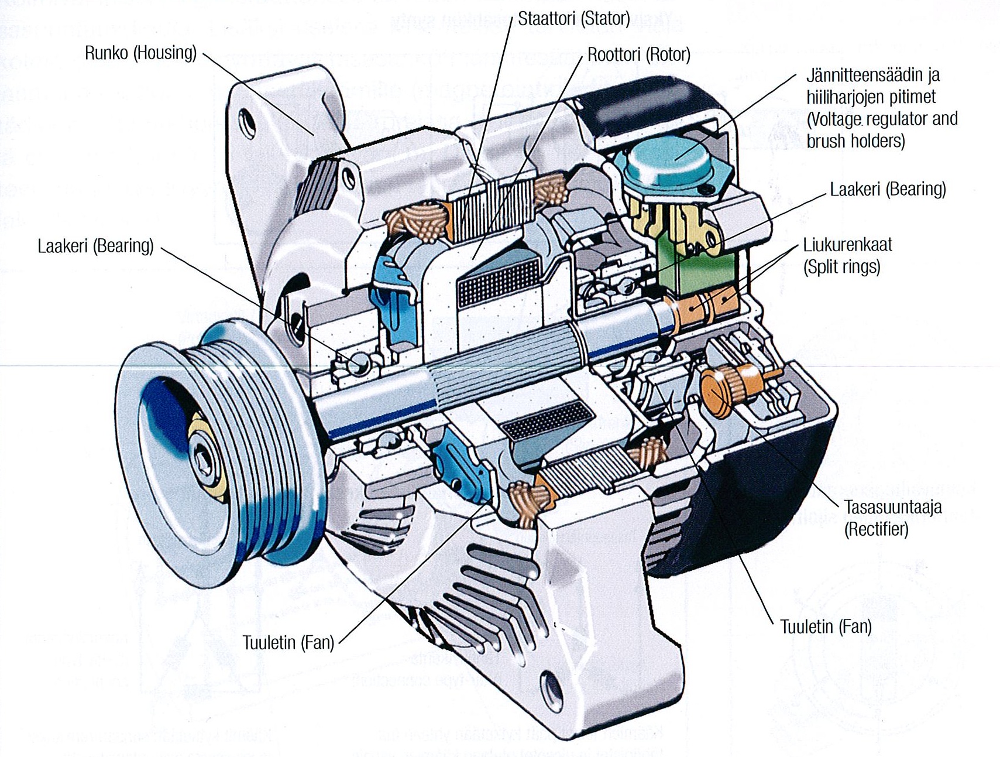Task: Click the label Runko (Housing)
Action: [140, 53]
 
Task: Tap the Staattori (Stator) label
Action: [573, 19]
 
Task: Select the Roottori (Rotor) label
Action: [638, 55]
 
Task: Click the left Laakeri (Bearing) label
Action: [95, 246]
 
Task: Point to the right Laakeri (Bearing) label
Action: [888, 190]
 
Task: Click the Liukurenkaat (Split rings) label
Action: [847, 255]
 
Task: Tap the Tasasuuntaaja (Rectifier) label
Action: [892, 518]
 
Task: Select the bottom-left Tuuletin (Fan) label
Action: [288, 642]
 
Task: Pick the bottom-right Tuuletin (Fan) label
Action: [826, 626]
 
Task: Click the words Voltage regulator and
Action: [882, 119]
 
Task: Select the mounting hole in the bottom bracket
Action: [549, 679]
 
